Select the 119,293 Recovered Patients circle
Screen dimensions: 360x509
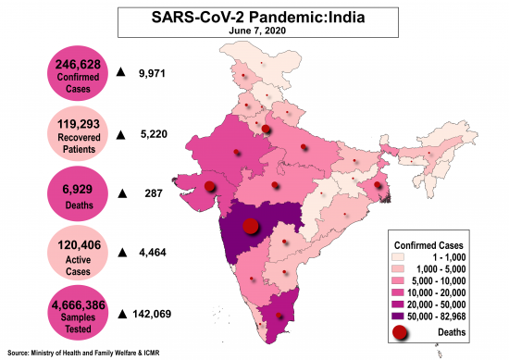(79, 133)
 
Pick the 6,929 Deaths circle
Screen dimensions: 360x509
(78, 193)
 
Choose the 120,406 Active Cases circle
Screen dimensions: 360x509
(78, 254)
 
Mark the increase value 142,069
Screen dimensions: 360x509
(156, 314)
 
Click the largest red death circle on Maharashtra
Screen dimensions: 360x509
(249, 225)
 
